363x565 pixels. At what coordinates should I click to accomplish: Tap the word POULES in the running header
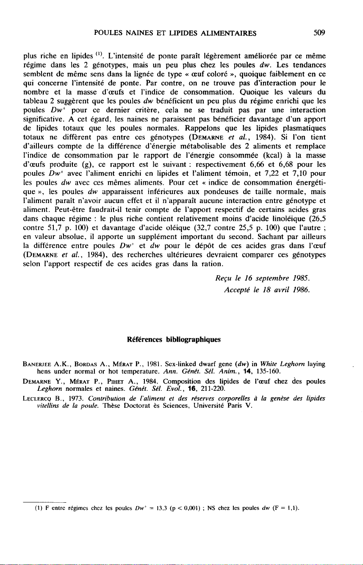click(108, 31)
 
